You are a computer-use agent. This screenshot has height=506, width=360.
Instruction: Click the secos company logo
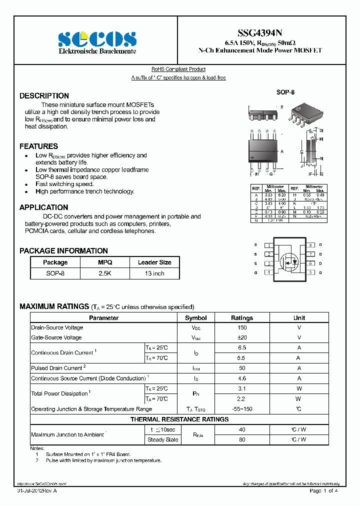[x=97, y=39]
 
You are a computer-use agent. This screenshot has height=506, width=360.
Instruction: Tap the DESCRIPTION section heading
[x=44, y=95]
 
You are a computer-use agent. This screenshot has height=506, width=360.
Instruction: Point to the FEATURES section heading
[x=38, y=146]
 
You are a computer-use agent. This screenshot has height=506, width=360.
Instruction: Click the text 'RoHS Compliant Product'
[x=178, y=69]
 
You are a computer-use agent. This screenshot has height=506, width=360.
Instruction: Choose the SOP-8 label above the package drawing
[x=285, y=92]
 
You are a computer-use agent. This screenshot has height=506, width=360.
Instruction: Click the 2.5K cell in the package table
[x=105, y=273]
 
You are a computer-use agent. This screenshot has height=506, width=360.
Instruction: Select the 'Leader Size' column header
[x=154, y=262]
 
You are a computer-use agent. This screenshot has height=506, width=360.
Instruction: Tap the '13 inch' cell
[x=154, y=273]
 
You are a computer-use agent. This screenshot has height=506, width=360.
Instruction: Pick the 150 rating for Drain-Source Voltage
[x=242, y=328]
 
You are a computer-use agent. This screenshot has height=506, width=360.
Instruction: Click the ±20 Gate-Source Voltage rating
[x=242, y=338]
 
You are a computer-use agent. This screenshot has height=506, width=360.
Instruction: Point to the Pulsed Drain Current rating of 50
[x=242, y=368]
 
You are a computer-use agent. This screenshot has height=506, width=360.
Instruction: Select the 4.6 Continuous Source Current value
[x=242, y=378]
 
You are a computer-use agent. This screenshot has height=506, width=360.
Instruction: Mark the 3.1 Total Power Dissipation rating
[x=242, y=388]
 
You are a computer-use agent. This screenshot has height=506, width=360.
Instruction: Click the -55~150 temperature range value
[x=242, y=409]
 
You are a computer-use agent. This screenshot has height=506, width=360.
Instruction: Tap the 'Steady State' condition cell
[x=162, y=440]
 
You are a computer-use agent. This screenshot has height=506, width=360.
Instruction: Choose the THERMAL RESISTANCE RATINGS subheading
[x=179, y=419]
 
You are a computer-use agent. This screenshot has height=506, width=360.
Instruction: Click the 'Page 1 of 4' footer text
[x=323, y=491]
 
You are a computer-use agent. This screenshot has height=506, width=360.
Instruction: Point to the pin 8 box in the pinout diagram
[x=310, y=245]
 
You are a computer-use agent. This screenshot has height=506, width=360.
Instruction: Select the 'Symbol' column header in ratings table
[x=196, y=317]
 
